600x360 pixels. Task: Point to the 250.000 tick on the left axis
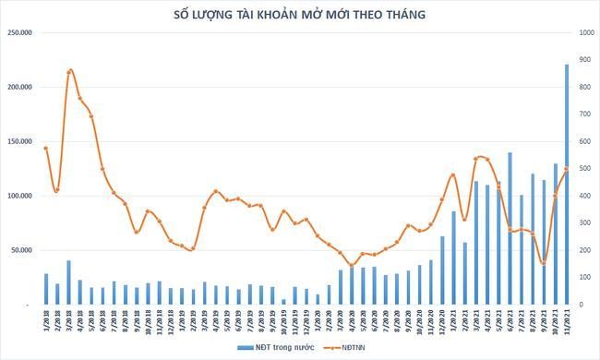point(18,32)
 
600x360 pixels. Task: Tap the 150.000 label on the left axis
point(18,141)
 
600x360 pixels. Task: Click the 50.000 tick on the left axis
point(20,250)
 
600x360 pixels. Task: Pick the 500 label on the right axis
point(584,168)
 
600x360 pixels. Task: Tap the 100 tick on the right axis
point(584,277)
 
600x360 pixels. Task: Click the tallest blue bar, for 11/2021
point(567,184)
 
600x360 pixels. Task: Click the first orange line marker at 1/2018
point(46,148)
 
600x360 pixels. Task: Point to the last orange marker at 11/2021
point(567,169)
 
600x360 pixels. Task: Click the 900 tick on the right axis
point(584,60)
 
